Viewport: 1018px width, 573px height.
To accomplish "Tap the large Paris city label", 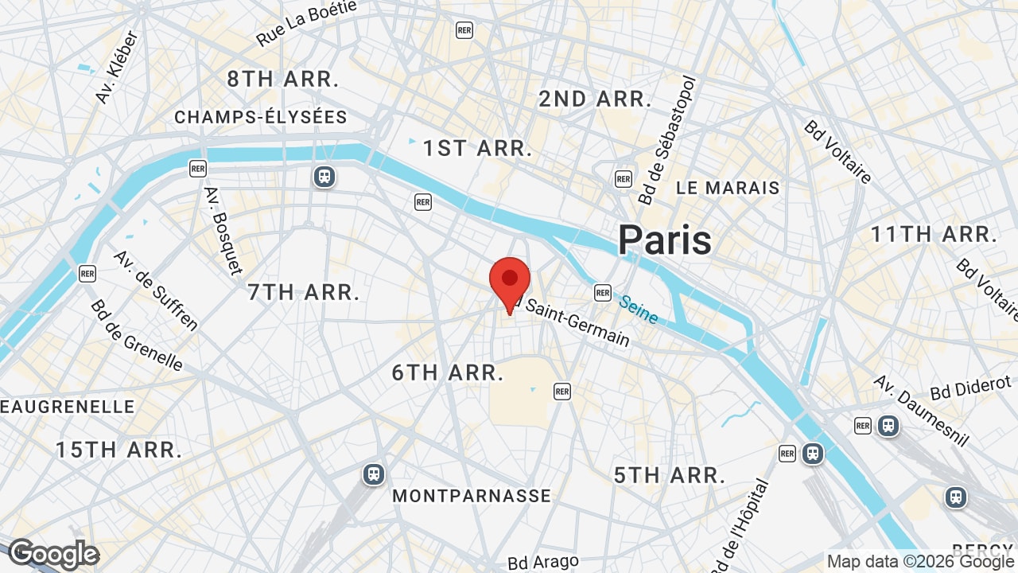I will (x=665, y=240).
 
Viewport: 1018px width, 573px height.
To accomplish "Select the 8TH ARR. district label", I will (x=283, y=80).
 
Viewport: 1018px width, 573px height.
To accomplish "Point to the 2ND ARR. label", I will (x=595, y=99).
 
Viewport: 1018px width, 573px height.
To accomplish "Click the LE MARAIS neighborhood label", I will (x=728, y=189).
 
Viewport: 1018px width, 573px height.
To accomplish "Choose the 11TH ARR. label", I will (x=933, y=235).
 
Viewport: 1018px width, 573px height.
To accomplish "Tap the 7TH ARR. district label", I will (x=304, y=292).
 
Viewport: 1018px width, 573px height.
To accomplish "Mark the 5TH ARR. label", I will (x=670, y=476).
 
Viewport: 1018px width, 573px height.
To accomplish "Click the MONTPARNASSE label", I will (x=472, y=496).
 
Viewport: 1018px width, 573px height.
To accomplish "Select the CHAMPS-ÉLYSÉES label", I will (x=261, y=118).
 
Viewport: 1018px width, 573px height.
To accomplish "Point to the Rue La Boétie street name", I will (x=305, y=23).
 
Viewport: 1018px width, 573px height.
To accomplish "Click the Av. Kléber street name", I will (x=117, y=67).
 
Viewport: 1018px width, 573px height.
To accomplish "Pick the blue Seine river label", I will (x=639, y=310).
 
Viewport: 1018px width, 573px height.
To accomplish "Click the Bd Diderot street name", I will (x=970, y=388).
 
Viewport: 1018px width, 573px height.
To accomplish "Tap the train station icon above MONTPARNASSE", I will (x=373, y=474).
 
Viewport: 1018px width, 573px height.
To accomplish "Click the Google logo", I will (x=53, y=554).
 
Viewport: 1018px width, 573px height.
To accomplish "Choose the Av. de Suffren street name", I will (x=156, y=290).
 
